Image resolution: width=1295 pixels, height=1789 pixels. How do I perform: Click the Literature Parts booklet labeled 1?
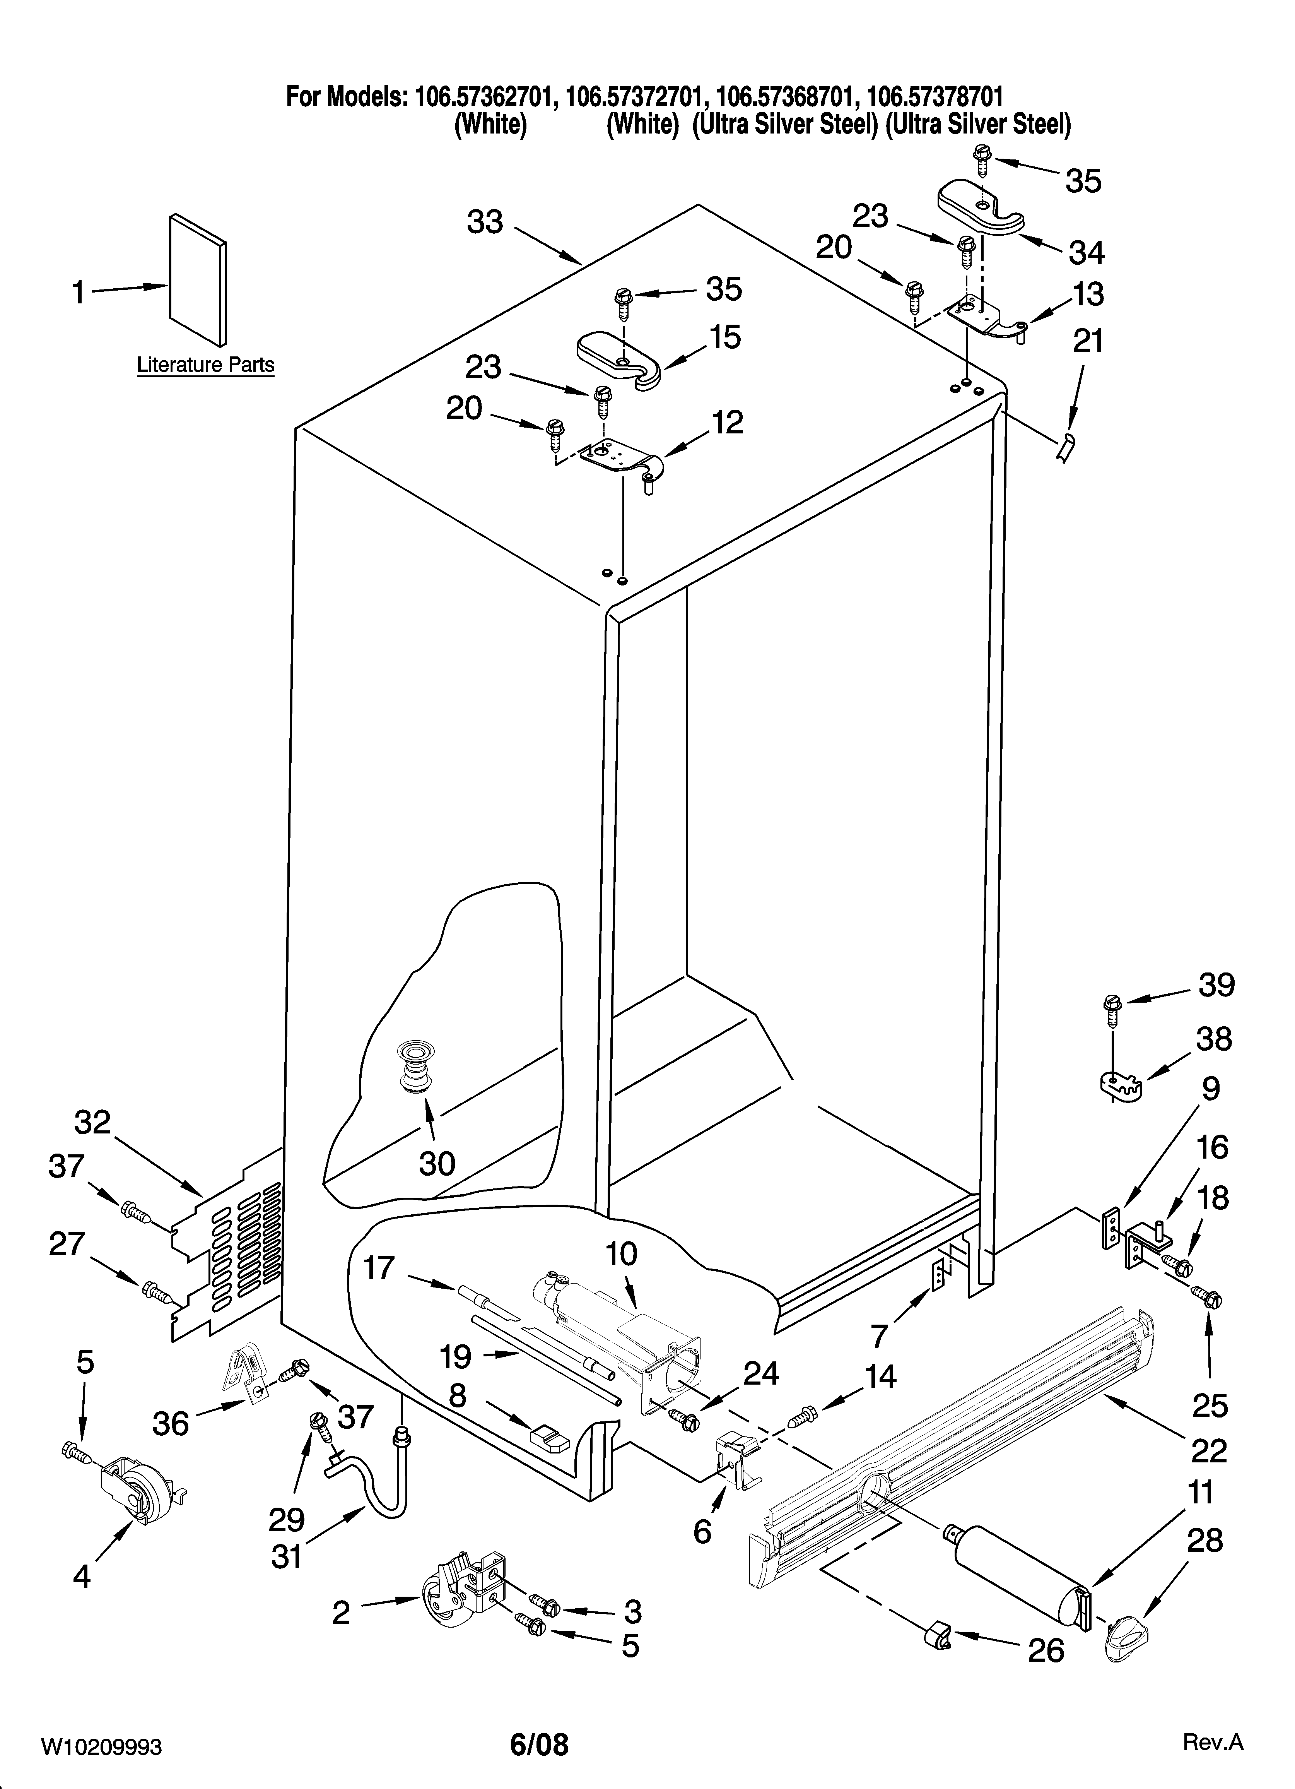197,280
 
